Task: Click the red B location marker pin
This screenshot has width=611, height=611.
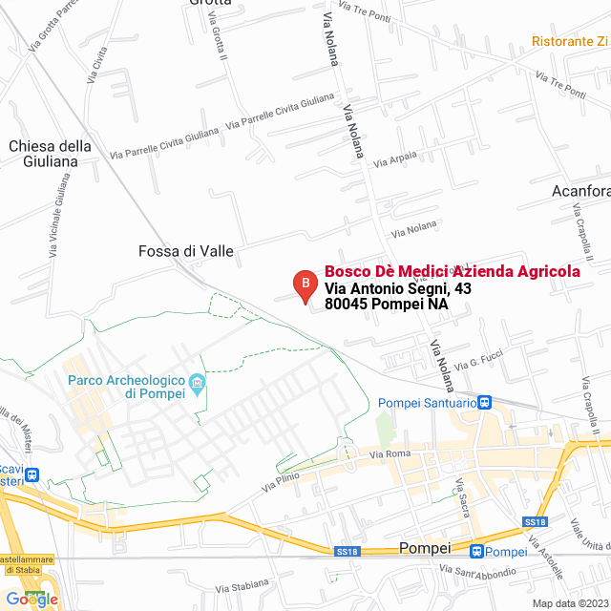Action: click(x=305, y=284)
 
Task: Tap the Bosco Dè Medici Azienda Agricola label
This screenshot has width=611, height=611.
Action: click(x=452, y=272)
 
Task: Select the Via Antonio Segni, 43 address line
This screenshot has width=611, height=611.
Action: click(x=398, y=288)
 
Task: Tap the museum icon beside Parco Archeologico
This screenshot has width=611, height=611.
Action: click(x=199, y=385)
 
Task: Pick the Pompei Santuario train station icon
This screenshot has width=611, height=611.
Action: click(x=484, y=403)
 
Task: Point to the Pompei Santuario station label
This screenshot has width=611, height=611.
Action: click(x=427, y=403)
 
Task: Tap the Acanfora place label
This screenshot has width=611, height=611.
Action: click(x=580, y=191)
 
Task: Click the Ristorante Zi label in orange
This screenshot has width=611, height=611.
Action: click(x=570, y=42)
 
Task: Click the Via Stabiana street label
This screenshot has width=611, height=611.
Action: click(x=242, y=587)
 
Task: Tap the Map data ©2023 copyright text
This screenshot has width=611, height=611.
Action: click(x=570, y=603)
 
